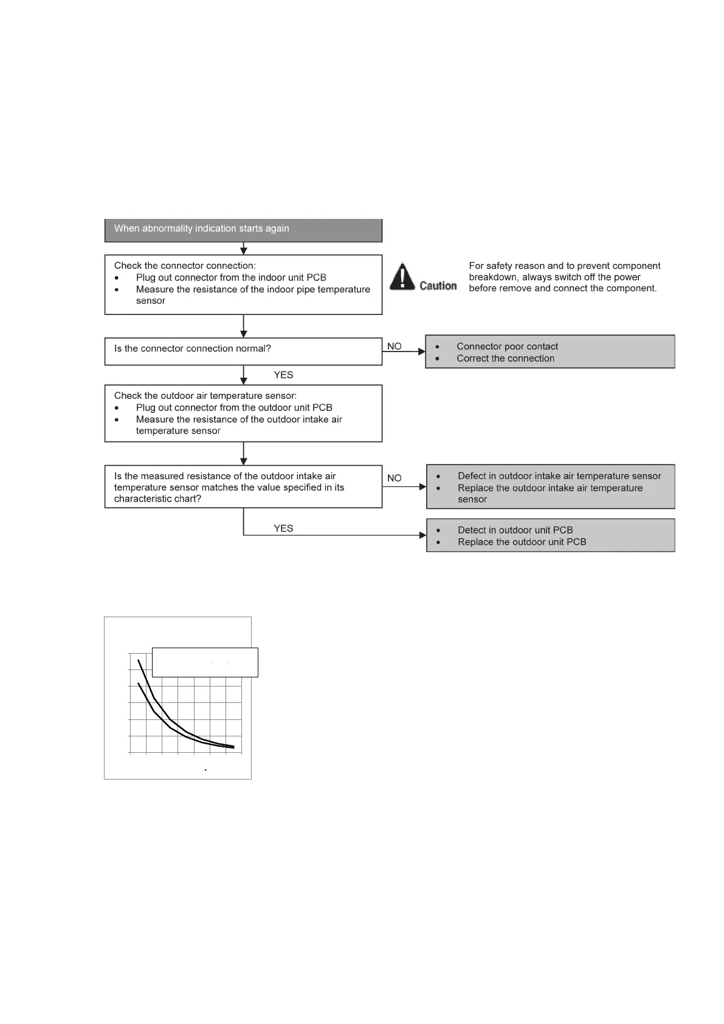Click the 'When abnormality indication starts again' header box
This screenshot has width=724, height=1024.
pos(243,229)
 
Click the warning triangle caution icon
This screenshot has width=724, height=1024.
pos(402,276)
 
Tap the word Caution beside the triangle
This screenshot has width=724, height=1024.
pos(438,286)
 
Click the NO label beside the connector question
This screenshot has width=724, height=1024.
pos(394,347)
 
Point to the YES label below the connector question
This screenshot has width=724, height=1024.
pos(283,375)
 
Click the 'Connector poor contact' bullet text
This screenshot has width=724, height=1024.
pos(507,347)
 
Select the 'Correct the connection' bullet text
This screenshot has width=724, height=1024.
pos(505,359)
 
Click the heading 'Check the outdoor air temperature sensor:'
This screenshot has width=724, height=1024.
pos(205,396)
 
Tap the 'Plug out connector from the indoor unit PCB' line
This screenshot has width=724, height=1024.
pos(231,278)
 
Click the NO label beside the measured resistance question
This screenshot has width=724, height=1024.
pos(394,479)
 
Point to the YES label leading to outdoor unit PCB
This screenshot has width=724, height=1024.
pos(283,528)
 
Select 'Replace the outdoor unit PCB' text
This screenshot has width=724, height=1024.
pos(522,542)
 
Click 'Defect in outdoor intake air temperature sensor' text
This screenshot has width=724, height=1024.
pos(559,476)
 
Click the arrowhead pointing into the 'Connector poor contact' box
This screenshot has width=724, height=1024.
pos(422,351)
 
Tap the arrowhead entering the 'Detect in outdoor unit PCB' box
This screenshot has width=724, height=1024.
pos(423,535)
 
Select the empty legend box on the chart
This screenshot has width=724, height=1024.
pos(205,662)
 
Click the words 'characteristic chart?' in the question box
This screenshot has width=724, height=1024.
pos(157,499)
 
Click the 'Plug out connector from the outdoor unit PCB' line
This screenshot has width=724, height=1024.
pos(234,408)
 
